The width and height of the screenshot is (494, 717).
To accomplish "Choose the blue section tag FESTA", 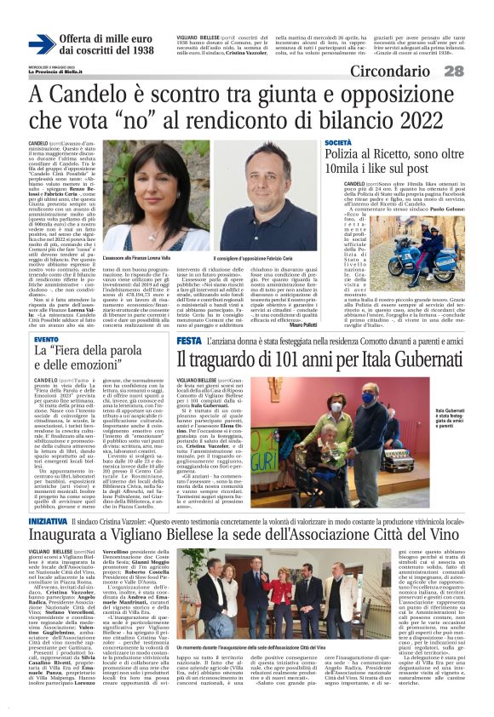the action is pyautogui.click(x=188, y=341).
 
